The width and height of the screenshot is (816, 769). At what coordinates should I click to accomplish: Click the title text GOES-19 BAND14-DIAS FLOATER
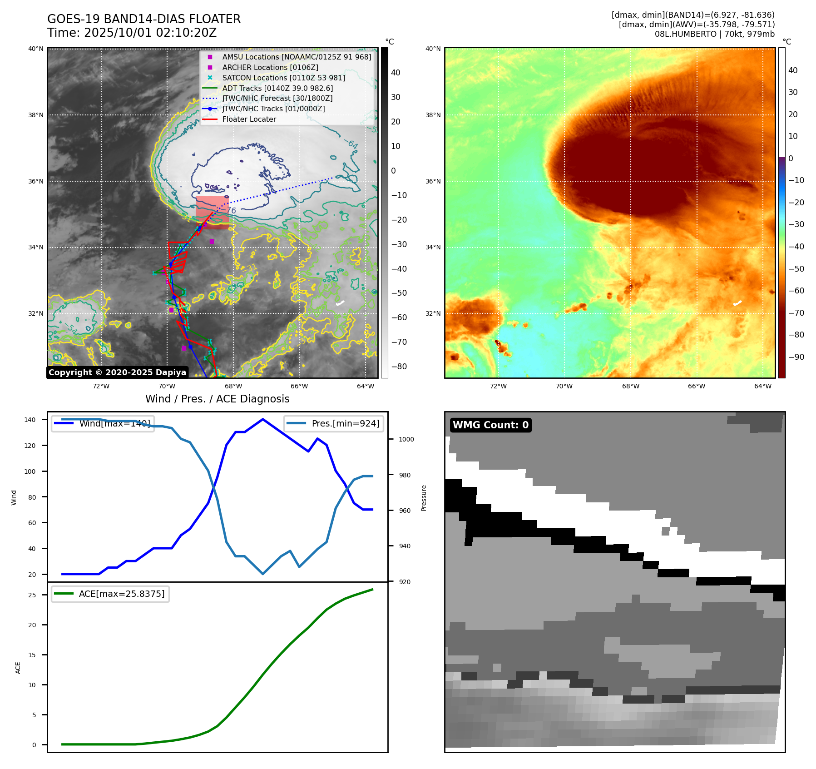point(144,19)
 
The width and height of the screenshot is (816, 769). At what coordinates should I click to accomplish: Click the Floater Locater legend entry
point(249,119)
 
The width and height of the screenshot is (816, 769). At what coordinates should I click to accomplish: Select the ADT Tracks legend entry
point(277,88)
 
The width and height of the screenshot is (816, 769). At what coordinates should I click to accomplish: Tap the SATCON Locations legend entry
point(283,78)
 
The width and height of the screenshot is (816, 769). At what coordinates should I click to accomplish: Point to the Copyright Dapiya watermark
point(117,372)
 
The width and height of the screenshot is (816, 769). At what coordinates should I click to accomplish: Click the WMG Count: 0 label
point(490,425)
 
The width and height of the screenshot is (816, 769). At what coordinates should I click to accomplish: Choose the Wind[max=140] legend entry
point(114,424)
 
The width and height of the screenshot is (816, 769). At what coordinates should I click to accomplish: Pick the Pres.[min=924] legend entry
point(345,424)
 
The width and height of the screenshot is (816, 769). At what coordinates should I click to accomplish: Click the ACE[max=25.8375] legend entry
point(121,594)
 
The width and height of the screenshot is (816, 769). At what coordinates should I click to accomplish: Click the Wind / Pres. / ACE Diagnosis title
point(217,399)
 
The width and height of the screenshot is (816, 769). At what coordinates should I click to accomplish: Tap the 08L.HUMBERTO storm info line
point(714,34)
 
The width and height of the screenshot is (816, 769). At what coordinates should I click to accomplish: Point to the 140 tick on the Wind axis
point(30,420)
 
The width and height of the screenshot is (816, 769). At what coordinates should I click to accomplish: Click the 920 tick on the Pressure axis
point(404,582)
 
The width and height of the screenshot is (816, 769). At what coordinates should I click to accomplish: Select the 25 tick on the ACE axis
point(32,595)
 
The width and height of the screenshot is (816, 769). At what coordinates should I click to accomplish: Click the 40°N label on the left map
point(36,49)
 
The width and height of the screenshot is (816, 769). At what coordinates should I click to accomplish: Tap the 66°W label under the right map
point(696,387)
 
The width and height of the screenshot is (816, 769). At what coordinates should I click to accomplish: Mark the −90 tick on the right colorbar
point(796,357)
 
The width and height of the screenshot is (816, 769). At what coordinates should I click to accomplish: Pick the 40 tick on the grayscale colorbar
point(396,73)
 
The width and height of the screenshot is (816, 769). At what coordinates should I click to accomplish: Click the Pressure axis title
point(424,498)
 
